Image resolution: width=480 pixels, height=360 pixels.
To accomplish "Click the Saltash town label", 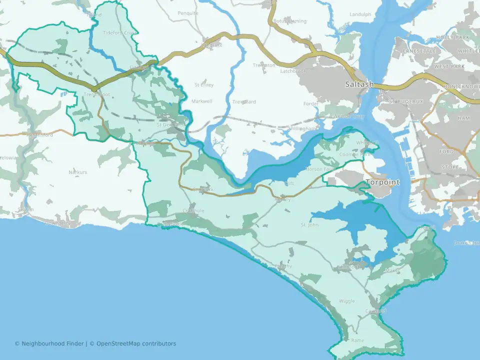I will click(359, 84).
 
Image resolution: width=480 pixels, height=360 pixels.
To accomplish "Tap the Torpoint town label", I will click(382, 182).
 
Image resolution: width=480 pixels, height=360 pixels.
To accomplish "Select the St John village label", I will click(309, 225).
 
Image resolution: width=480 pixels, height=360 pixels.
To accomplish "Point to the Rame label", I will click(357, 340).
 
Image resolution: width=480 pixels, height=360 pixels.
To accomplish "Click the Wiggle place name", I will click(347, 301).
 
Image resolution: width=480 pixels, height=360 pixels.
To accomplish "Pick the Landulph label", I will click(360, 14).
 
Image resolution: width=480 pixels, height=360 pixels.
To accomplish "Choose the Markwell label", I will click(202, 101).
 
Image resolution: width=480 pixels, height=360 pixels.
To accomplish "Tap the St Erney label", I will click(204, 85).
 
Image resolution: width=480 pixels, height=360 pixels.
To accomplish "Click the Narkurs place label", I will click(78, 172).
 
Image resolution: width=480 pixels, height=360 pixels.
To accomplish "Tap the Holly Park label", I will click(452, 37).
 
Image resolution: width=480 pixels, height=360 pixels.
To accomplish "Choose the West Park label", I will click(448, 66).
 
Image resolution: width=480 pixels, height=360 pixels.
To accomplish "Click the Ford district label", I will click(446, 151).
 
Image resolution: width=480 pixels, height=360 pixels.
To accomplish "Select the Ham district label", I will click(464, 118).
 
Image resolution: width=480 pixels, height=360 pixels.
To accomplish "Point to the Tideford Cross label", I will click(119, 33).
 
